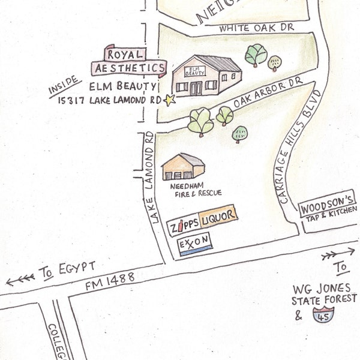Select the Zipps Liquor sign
click(203, 226)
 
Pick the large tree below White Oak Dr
click(256, 54)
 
